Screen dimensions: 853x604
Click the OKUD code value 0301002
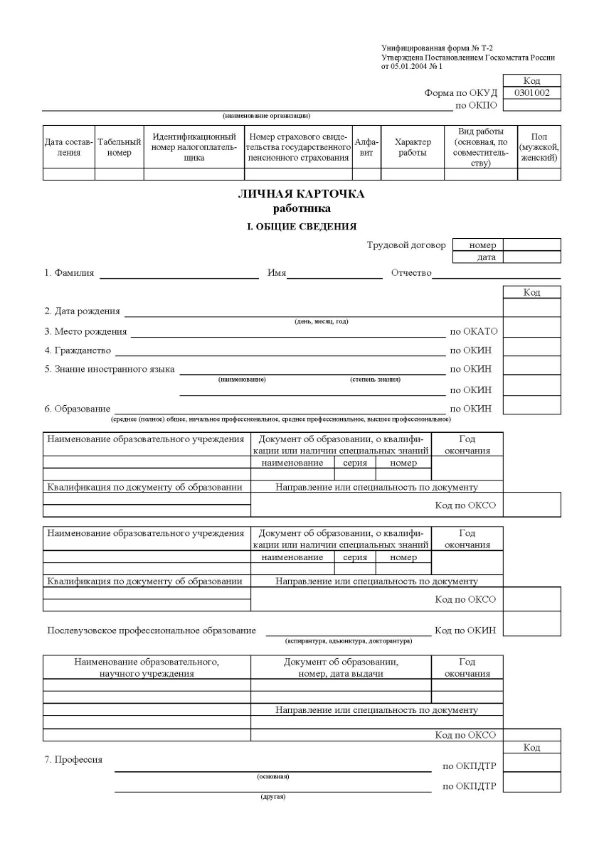(531, 92)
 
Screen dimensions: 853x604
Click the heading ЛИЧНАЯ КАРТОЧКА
(301, 194)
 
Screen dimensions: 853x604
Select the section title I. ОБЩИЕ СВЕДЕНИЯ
(301, 226)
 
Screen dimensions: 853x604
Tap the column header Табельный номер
(119, 147)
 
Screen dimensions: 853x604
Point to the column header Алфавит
(366, 147)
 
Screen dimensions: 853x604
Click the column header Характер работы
(413, 147)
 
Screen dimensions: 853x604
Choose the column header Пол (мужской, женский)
(539, 147)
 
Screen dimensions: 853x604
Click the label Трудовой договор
(406, 245)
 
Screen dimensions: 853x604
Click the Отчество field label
(411, 274)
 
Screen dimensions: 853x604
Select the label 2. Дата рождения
(82, 311)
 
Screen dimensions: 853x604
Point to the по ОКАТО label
(474, 331)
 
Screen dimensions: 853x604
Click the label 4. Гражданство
(78, 350)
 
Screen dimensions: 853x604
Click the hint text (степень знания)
(375, 380)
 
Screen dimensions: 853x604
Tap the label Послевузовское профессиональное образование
(152, 631)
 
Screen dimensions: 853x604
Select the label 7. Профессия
(73, 760)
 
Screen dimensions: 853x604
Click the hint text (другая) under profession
(272, 796)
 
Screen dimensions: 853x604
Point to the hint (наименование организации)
(266, 115)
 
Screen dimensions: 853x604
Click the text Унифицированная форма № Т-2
(431, 48)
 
